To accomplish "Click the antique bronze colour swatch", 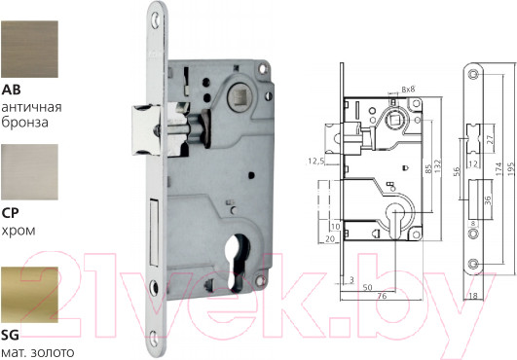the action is pos(29,50).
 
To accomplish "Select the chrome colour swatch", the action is pos(29,172).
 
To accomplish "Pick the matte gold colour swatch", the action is pos(29,295).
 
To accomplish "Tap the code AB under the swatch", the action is pos(11,90).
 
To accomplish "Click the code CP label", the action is pos(10,213).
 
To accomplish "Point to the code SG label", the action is pos(10,336).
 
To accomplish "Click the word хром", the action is pos(18,231).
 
